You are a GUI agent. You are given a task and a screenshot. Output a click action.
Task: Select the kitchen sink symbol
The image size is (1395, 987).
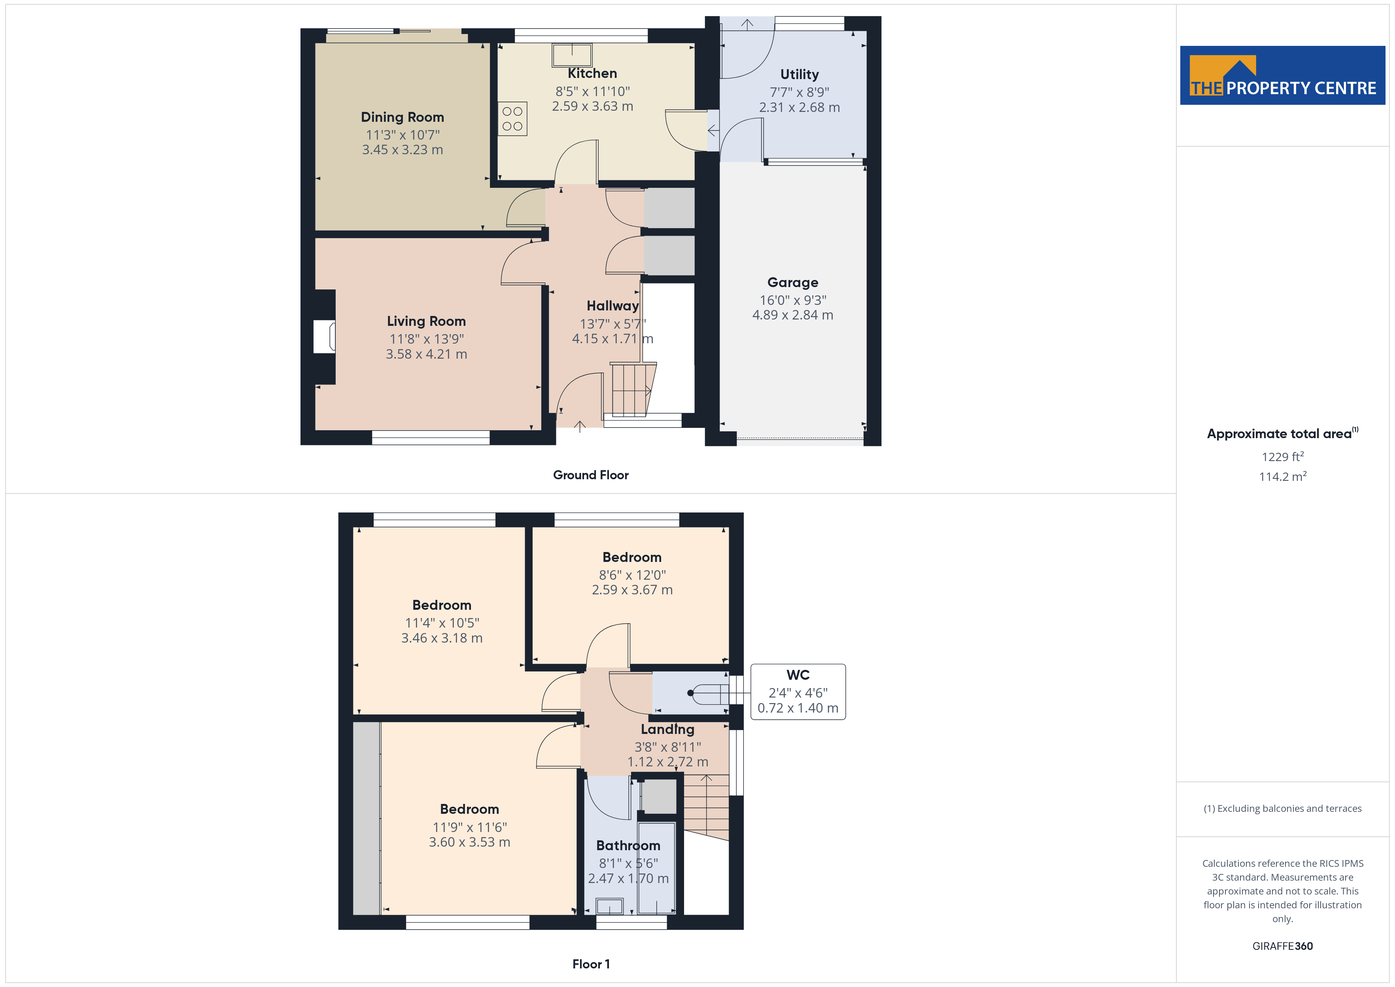point(572,55)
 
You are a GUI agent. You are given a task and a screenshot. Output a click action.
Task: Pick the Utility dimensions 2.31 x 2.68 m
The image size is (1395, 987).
point(800,107)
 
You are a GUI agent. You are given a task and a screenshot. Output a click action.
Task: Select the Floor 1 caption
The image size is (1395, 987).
point(591,964)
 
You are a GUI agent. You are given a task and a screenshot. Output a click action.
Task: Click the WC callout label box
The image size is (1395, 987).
point(798,692)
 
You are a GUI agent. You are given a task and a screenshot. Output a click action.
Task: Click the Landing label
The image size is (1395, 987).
point(667,729)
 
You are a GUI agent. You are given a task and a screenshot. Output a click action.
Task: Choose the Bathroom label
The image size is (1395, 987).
point(628,845)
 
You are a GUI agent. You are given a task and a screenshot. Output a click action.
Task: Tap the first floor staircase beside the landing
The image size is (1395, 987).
point(706,808)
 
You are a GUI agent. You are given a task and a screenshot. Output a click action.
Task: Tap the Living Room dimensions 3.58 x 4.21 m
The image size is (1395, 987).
point(427,354)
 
